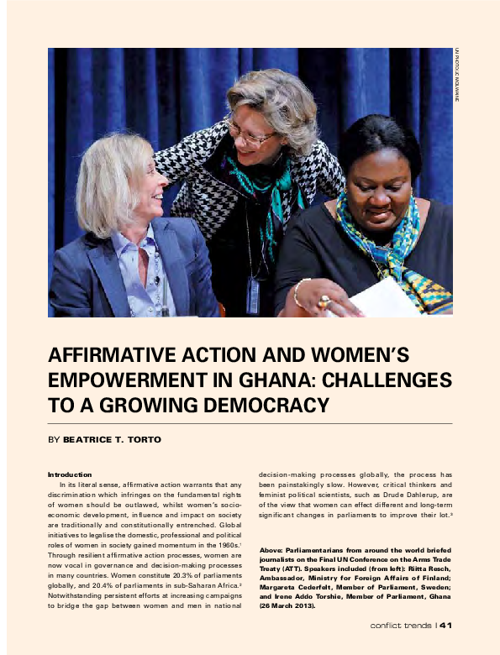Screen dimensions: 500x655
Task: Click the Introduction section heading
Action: [70, 474]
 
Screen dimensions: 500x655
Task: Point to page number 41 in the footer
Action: [446, 625]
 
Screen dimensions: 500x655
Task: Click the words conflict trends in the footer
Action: [401, 625]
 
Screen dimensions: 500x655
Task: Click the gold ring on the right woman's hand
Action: [324, 301]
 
